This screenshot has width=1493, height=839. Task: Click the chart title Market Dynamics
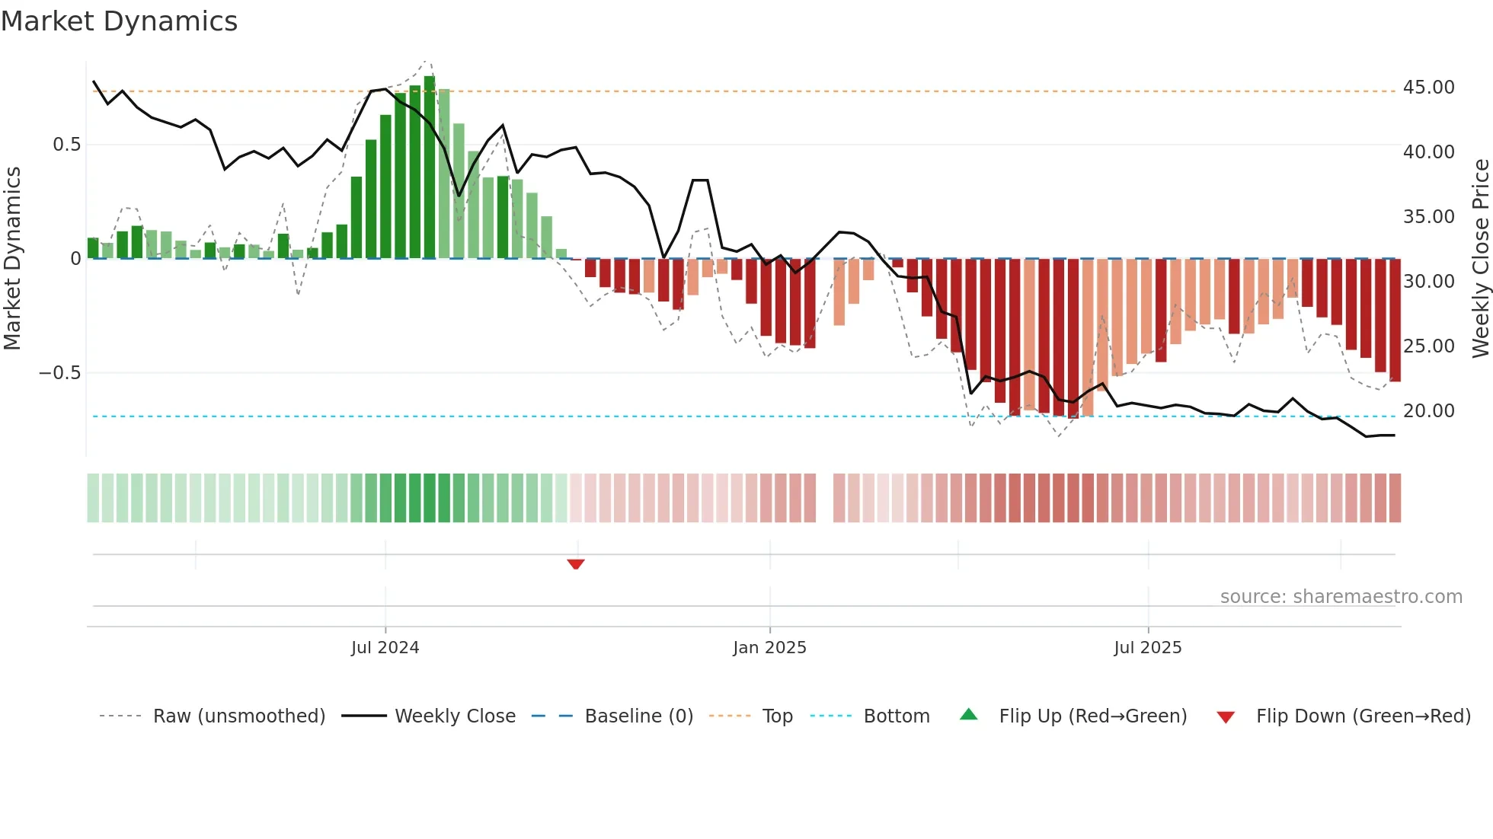(120, 21)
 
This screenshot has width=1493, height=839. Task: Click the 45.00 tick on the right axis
(1428, 88)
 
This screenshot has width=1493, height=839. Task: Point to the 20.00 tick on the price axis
(1428, 411)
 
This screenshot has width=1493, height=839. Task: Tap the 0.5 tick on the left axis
(66, 145)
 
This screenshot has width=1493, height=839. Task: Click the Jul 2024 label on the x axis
(385, 648)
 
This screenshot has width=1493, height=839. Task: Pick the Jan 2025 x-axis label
(769, 648)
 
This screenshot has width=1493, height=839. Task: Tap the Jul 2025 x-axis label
(1147, 648)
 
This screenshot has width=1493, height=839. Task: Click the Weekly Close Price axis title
(1480, 259)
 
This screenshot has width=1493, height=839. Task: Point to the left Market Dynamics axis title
(12, 259)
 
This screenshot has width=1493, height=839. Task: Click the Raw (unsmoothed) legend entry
(238, 716)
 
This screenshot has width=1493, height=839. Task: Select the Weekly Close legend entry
(455, 716)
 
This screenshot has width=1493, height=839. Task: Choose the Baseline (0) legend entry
(638, 716)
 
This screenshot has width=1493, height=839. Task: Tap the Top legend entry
(777, 716)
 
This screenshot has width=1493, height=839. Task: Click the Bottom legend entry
(896, 716)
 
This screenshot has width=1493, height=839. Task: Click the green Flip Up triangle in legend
(968, 714)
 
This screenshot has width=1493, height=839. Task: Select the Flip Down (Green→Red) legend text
(1363, 716)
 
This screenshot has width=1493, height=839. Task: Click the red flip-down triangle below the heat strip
(576, 564)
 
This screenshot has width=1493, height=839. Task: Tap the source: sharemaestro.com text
(1341, 597)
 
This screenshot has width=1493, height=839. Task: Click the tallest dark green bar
(430, 167)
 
